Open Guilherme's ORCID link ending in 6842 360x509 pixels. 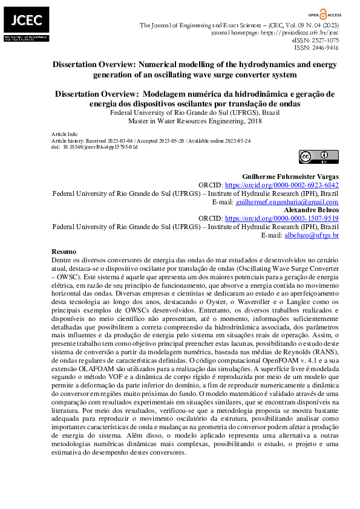pos(281,185)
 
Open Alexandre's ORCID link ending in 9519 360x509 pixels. pos(281,219)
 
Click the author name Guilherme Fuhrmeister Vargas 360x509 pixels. pos(290,177)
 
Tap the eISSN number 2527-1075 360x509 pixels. pos(325,40)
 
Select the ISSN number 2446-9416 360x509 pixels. pos(325,47)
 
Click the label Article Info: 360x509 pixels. pos(65,134)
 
